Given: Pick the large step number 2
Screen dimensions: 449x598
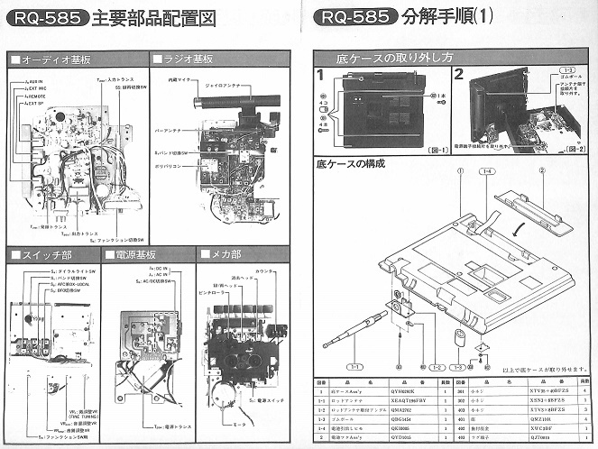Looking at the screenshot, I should point(459,75).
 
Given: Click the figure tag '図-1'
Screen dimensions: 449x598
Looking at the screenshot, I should point(433,147).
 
